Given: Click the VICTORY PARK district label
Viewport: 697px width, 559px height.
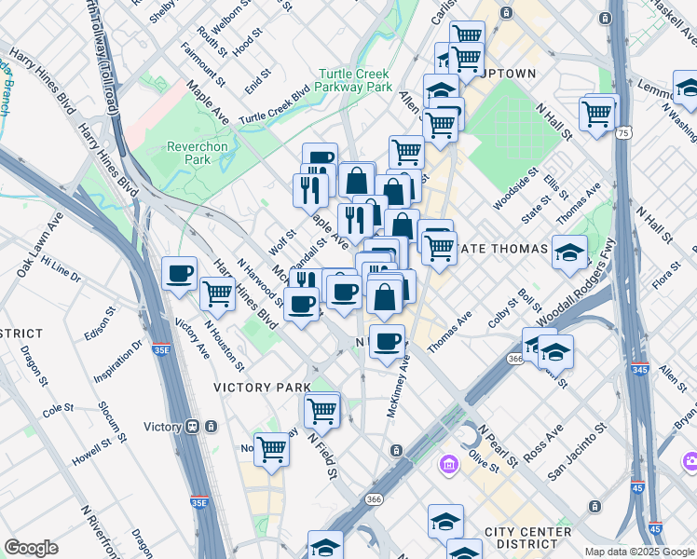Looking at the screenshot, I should [262, 387].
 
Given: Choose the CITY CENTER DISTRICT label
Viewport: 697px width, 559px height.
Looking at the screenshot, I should [527, 538].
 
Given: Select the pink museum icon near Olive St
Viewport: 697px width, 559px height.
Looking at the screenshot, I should [449, 463].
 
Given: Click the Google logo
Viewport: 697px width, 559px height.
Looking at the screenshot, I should [31, 548].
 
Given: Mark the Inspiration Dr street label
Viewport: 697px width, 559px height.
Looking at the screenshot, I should [117, 360].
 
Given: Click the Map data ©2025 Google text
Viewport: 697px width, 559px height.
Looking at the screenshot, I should [638, 552].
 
